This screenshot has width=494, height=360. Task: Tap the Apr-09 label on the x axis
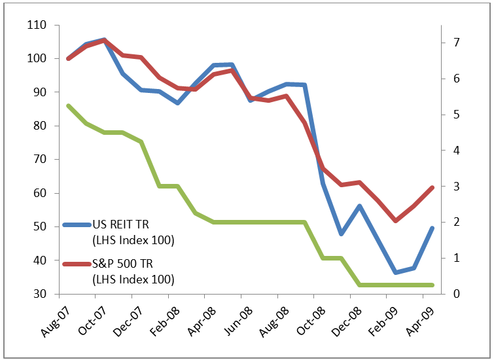point(419,322)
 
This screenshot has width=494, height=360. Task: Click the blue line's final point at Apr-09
point(432,228)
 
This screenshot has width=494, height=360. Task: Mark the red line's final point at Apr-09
point(432,187)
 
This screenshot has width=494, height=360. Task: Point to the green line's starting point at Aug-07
point(69,105)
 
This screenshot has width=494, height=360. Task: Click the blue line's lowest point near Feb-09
point(395,272)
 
